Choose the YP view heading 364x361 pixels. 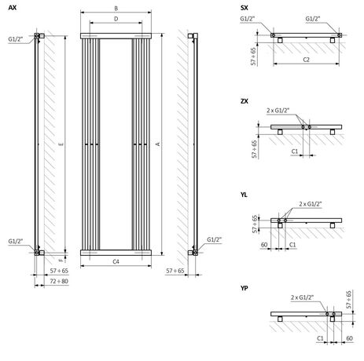(246, 289)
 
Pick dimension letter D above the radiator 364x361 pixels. (116, 17)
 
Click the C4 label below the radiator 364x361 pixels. (116, 260)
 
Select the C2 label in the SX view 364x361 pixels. (306, 59)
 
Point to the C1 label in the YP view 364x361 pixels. (321, 338)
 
